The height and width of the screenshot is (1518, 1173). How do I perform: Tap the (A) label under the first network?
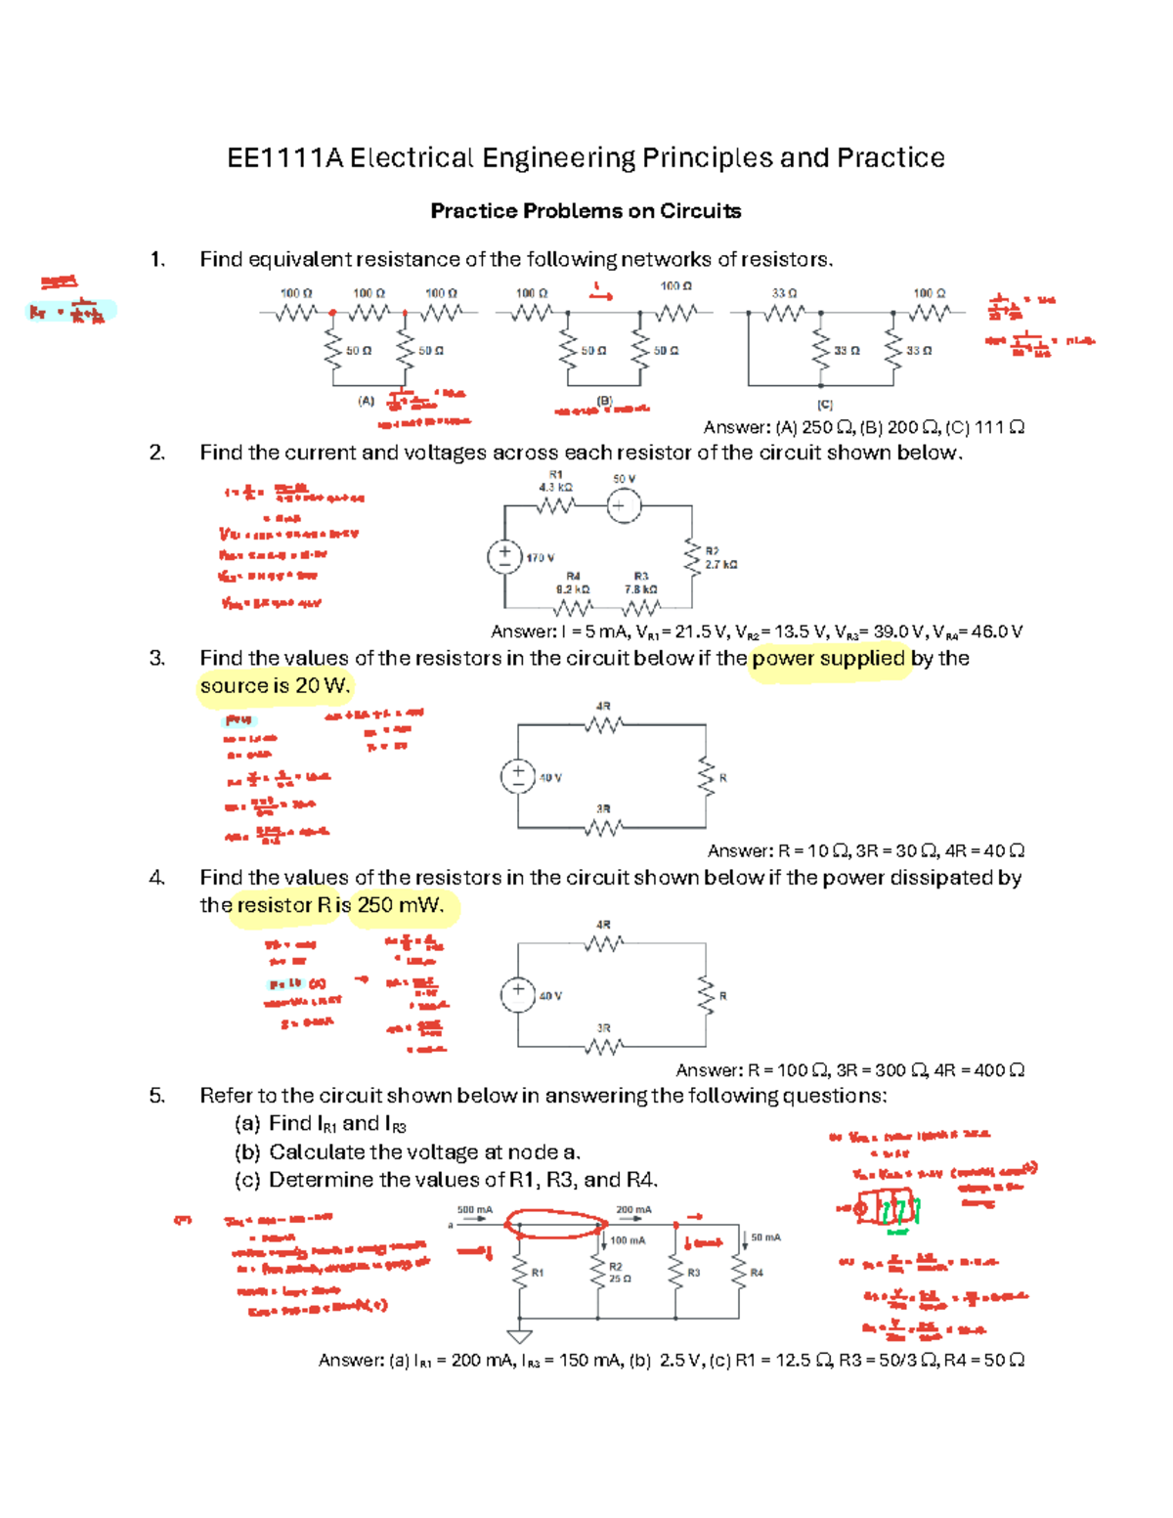[366, 401]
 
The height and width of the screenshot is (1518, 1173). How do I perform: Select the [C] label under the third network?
[824, 404]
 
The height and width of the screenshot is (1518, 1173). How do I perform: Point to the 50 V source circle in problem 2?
[624, 506]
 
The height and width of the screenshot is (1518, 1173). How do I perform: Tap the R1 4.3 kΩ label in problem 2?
[555, 480]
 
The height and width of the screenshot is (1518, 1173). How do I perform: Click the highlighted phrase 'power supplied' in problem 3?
[829, 659]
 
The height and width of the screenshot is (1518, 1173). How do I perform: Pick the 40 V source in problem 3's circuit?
[518, 776]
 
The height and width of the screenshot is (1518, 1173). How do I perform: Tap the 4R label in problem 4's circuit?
[603, 924]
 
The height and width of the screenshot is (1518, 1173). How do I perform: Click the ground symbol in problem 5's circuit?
[520, 1336]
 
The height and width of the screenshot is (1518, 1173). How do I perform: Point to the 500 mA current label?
[475, 1210]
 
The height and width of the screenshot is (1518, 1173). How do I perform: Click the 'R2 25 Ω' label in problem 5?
[617, 1273]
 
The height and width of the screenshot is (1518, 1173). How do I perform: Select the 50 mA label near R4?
[765, 1237]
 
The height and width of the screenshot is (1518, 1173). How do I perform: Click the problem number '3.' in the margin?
[157, 659]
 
